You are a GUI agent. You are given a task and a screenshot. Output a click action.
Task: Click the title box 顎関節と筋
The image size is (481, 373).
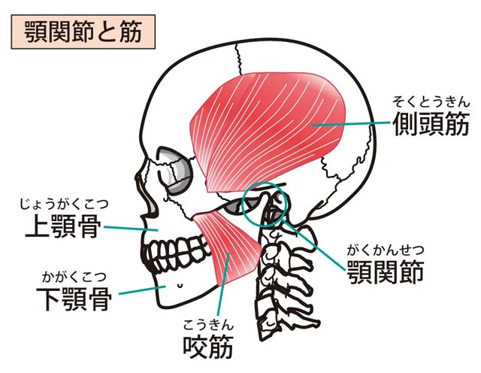[83, 32]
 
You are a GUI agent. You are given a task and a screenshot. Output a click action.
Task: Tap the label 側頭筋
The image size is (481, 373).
[431, 123]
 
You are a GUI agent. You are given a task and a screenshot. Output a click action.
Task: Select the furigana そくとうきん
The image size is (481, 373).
[431, 102]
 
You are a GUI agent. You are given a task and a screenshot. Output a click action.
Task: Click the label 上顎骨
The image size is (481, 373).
[63, 226]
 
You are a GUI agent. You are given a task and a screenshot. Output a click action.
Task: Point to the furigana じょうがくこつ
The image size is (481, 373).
[64, 204]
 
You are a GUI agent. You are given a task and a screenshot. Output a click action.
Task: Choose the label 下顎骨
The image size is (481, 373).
[74, 299]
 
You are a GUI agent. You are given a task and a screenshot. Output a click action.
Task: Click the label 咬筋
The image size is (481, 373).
[208, 346]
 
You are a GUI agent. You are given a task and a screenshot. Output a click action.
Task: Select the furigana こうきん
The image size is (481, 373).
[208, 324]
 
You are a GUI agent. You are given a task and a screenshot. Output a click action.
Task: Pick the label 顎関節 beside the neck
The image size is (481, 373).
[386, 272]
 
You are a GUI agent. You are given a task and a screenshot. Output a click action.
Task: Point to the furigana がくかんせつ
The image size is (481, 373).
[386, 250]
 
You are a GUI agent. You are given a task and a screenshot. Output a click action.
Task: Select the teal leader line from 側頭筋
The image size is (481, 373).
[351, 124]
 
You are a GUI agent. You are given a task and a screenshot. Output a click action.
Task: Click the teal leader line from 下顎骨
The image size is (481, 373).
[142, 290]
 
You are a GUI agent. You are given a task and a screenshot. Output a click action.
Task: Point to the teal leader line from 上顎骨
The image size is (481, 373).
[132, 228]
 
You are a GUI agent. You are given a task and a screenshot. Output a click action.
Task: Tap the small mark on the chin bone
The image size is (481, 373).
[180, 285]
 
